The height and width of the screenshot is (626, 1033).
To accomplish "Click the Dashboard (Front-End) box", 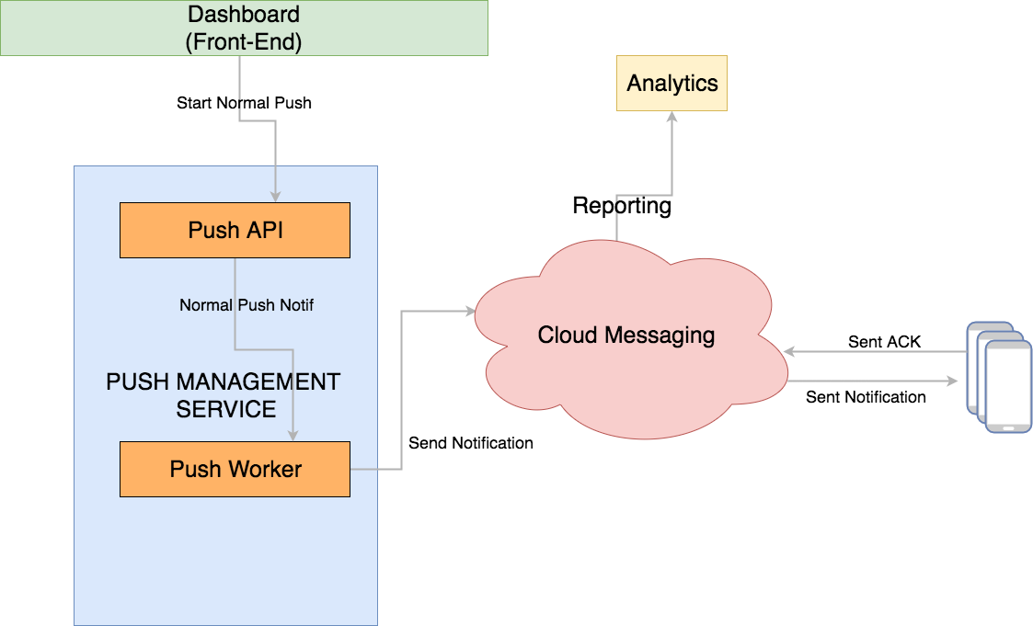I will [244, 28].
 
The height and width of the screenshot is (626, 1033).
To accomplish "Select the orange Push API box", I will [235, 230].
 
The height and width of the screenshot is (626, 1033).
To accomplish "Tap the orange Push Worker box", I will [235, 469].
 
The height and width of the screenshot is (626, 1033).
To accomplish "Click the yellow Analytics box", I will [671, 84].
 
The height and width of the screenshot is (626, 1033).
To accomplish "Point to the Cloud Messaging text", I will [626, 335].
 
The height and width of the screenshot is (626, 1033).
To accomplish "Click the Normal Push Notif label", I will [247, 305].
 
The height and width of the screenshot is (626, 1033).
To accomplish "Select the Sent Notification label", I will [866, 397].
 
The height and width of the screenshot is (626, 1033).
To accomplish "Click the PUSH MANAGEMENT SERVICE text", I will [224, 395].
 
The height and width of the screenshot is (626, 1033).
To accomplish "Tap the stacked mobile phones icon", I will [999, 377].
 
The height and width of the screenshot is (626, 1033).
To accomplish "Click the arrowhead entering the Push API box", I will [275, 196].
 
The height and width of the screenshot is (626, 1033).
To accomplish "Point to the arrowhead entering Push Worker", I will [293, 435].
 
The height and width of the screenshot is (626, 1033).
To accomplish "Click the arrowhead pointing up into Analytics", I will [672, 118].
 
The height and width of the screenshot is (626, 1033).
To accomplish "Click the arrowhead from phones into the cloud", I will [788, 351].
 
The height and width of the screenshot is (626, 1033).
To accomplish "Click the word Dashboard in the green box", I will [244, 15].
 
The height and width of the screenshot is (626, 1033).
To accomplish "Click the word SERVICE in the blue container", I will [226, 409].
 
